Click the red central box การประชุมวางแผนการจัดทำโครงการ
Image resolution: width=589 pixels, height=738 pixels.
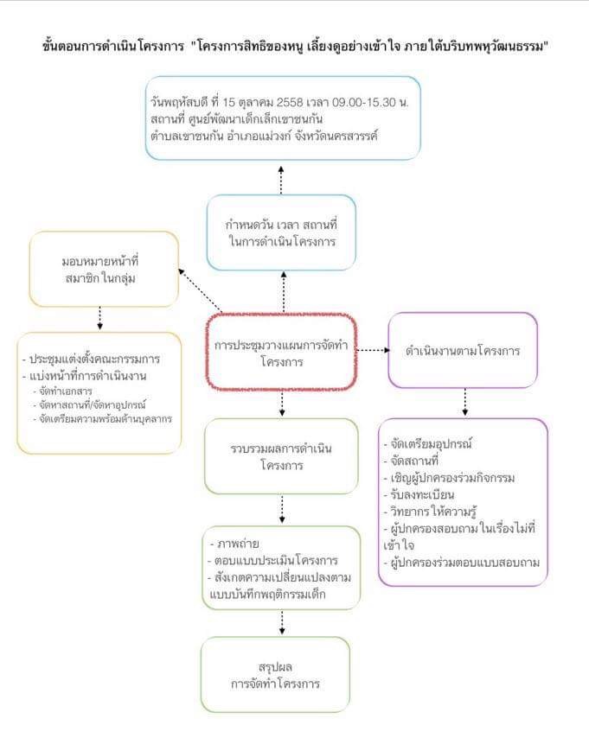tap(282, 353)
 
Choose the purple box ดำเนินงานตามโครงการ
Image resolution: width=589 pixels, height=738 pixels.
tap(462, 351)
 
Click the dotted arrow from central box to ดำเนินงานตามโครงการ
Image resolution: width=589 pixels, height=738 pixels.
tap(373, 350)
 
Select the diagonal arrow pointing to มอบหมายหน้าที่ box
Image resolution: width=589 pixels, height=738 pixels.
tap(200, 289)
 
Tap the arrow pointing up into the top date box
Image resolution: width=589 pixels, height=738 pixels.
tap(282, 177)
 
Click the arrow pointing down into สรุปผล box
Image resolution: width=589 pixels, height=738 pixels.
tap(282, 621)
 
